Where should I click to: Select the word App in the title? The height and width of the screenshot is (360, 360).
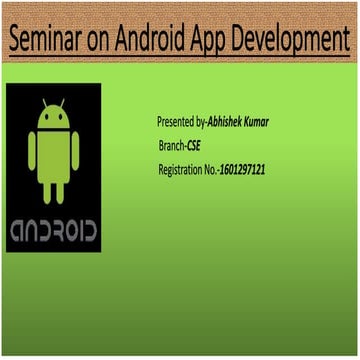click(214, 41)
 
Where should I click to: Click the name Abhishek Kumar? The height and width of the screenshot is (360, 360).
click(238, 121)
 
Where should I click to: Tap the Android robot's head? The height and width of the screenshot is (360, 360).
click(53, 118)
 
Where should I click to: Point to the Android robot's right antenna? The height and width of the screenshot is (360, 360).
click(66, 104)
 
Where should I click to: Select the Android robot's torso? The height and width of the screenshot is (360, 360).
click(53, 155)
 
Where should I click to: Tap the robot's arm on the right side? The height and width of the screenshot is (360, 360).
click(78, 151)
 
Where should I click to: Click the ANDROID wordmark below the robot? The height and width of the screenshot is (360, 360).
click(53, 229)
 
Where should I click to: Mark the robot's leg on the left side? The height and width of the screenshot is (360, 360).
click(45, 190)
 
